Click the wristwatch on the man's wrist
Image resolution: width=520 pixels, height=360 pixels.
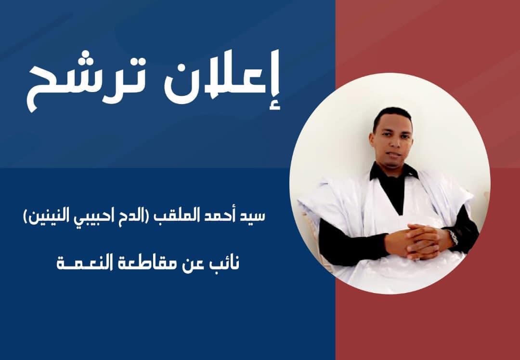tap(452, 237)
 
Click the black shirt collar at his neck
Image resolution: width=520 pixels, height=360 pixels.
tap(393, 172)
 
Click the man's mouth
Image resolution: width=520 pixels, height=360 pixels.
tap(393, 155)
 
